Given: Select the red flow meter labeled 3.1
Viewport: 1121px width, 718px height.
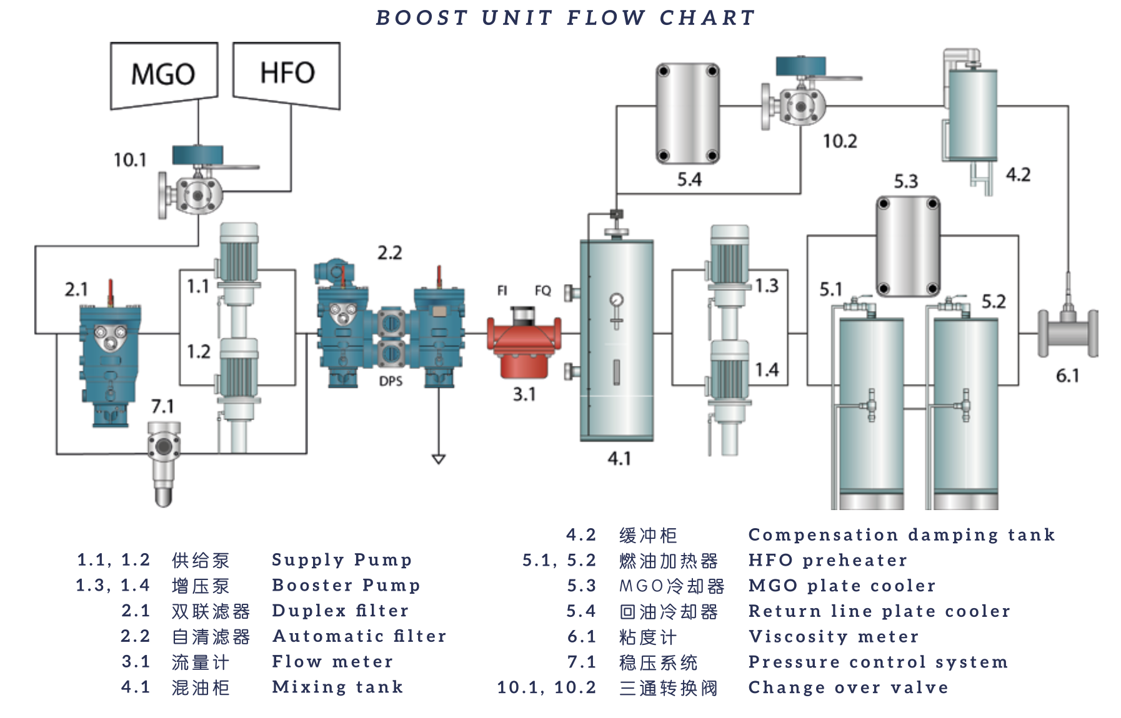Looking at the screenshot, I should [x=524, y=343].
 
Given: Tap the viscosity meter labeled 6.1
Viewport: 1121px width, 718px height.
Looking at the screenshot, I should [x=1067, y=332].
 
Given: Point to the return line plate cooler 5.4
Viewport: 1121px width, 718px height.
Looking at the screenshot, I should [x=687, y=113].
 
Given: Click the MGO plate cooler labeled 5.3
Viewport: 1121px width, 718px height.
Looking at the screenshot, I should [x=907, y=246].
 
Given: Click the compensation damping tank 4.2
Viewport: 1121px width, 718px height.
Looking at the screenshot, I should [x=971, y=115].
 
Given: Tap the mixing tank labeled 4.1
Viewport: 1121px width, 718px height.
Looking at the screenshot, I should [x=617, y=340].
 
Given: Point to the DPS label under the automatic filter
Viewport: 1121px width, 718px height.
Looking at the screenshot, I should [x=391, y=381].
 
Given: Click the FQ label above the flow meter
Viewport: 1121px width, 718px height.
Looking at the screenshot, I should [x=542, y=290].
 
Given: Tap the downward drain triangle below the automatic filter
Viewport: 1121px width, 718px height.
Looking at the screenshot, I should [x=439, y=460].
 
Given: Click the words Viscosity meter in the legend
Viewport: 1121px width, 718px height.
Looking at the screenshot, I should [x=834, y=637].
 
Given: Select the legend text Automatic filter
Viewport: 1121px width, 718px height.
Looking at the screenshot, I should [x=359, y=636].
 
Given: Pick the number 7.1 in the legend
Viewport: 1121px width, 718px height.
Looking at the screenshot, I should [x=582, y=662].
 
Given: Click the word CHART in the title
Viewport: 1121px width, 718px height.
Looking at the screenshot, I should [x=707, y=17].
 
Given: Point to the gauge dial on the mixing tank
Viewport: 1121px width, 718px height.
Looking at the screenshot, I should [x=617, y=300].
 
